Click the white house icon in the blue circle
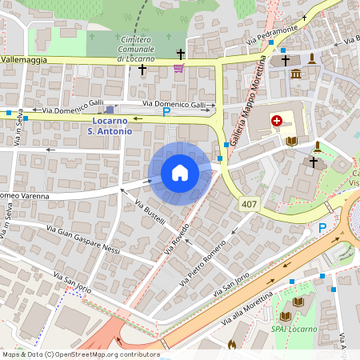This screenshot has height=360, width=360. click(180, 173)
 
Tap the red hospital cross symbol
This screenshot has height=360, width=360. click(277, 121)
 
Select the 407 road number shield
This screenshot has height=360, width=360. click(250, 206)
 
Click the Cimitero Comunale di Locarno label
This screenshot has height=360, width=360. click(142, 49)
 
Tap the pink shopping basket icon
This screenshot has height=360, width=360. click(178, 69)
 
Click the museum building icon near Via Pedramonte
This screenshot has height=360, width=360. click(296, 74)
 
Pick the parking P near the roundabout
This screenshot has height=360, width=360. click(322, 228)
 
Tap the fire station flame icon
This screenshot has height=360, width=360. click(232, 346)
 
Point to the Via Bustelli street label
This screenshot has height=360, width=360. click(150, 211)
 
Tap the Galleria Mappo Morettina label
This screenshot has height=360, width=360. click(248, 103)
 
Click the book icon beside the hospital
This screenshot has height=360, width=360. click(291, 142)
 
